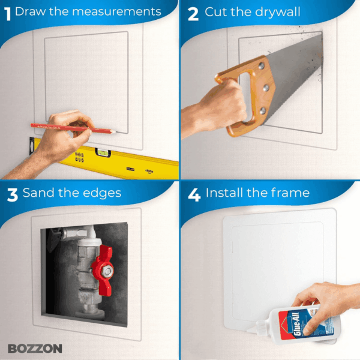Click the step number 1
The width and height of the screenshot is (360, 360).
coord(8,14)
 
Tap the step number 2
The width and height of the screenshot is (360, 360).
coord(193,14)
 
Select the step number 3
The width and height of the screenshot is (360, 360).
coord(13,195)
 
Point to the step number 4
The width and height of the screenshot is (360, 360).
coord(194,195)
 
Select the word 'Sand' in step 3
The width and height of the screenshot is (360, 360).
coord(38,193)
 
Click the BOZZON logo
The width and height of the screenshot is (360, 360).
coord(35,349)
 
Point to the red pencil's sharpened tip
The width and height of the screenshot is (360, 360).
coord(115,132)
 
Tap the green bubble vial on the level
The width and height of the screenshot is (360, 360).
coord(103,152)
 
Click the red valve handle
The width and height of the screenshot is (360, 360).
coord(103,271)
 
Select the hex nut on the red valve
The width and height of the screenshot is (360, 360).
coord(107,271)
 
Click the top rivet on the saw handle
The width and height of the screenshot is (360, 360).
coord(261,66)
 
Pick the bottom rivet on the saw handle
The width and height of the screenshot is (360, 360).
coord(263,111)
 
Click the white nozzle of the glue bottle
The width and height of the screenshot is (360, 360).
coord(256,327)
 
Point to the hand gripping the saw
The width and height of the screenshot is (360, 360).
coord(220,106)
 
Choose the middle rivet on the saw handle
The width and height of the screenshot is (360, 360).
coord(266,88)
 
